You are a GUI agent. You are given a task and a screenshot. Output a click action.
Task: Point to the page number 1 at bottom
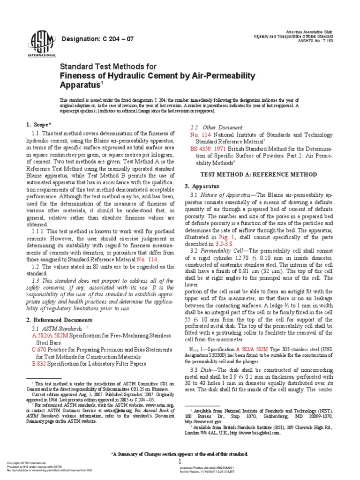click(x=180, y=461)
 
